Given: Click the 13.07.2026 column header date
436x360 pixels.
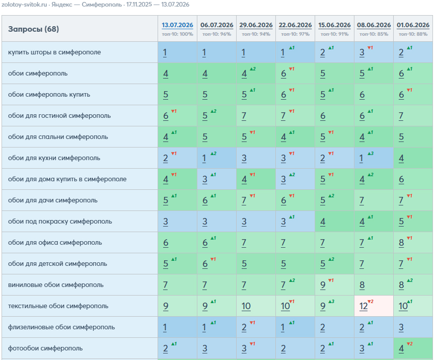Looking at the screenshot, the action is pos(177,25).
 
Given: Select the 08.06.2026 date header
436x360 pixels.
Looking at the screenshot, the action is pos(374,25).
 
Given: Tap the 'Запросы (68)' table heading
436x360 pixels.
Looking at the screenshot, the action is pos(33,29).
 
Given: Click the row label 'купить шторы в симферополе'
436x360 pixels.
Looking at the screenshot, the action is pos(54,52).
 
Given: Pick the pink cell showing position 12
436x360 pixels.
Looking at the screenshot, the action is pos(374,306).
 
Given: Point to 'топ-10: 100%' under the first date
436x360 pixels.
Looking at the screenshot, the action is pos(177,34).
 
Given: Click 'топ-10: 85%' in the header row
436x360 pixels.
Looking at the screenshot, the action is pos(374,34).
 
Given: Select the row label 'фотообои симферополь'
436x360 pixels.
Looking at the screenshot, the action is pos(45,348).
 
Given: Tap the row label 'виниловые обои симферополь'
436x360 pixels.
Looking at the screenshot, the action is pos(55,284).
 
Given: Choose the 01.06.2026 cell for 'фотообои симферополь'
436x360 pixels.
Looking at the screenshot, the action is pos(413,348).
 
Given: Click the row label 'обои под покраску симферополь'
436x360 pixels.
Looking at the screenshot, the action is pos(60,221).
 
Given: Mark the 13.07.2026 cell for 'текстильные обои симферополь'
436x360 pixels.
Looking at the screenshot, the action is pos(177,306).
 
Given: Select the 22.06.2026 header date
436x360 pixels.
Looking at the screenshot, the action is pos(296,25).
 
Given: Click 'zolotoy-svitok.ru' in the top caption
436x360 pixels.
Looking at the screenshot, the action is pos(24,5).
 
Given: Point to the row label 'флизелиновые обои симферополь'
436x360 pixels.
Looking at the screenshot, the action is pos(61,327).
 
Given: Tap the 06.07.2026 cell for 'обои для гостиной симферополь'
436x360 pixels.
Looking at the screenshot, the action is pos(216,116).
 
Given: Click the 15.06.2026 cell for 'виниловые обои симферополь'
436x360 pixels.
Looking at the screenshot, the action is pos(334,284).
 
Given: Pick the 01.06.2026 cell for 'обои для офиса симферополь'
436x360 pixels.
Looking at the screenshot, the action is pos(413,242).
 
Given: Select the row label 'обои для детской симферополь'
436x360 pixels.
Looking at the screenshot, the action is pos(57,263).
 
